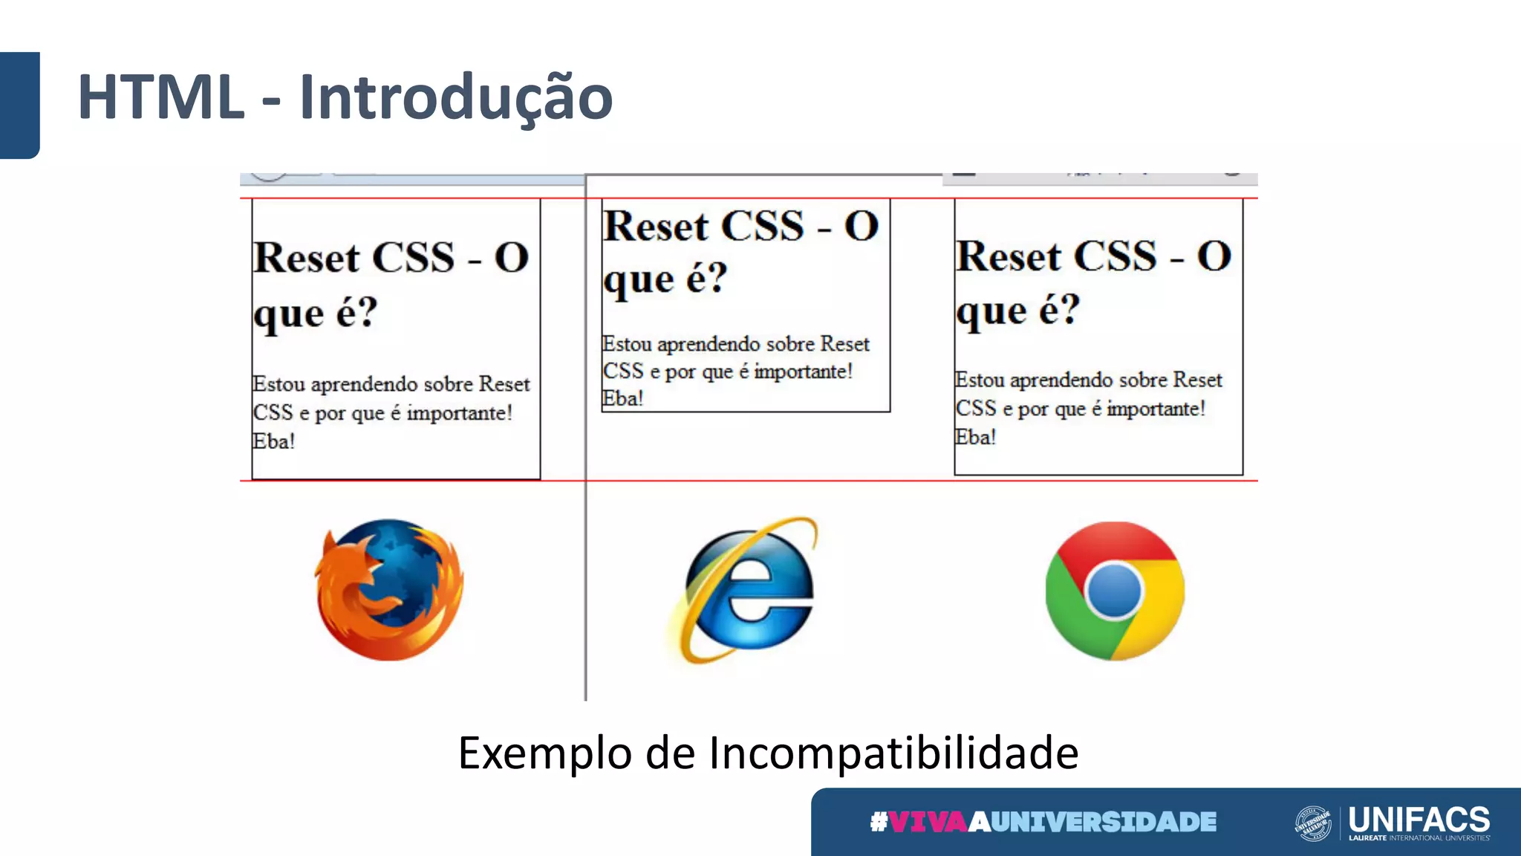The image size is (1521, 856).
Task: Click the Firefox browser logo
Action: pos(389,589)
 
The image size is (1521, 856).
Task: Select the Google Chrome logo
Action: pos(1114,591)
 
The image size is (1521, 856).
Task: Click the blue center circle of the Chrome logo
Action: pos(1114,591)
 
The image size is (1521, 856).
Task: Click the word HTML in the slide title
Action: pos(160,97)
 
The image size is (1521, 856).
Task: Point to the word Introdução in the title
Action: pos(456,98)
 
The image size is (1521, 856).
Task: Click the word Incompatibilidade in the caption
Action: pos(893,753)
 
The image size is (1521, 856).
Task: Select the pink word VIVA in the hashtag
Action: pos(928,822)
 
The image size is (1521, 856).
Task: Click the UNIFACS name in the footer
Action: pos(1419,819)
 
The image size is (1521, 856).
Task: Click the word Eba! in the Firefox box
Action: pos(274,441)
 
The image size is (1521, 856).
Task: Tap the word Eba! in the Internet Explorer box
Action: pos(622,398)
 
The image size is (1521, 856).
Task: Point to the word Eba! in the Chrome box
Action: pos(975,437)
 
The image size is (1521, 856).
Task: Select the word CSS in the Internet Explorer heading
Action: pos(763,226)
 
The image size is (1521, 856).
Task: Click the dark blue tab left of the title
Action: pos(19,105)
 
